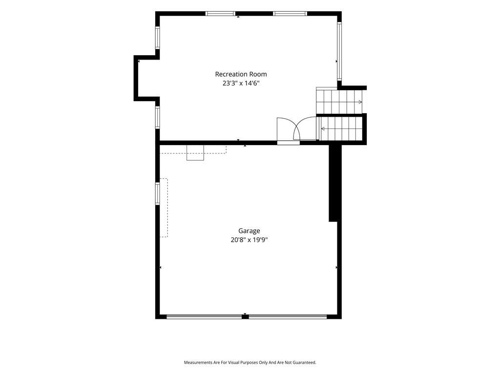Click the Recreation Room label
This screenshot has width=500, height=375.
[241, 74]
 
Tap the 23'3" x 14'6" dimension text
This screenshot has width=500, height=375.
[241, 83]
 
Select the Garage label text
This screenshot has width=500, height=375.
[249, 231]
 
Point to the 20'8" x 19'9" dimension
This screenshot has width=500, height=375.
[249, 240]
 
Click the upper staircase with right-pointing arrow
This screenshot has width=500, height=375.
[339, 101]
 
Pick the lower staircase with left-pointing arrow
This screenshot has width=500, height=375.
[341, 128]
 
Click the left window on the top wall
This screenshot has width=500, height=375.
[220, 13]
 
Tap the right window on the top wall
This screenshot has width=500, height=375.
[290, 13]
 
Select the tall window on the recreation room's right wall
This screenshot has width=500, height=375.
[339, 51]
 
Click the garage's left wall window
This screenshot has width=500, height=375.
[158, 193]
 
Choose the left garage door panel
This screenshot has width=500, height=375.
[204, 316]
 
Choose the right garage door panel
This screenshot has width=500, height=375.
[288, 316]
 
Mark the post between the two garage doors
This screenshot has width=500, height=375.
[245, 316]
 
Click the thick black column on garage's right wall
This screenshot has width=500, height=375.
[333, 183]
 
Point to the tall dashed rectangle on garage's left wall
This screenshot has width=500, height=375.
[164, 208]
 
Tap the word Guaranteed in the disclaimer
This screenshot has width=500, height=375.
[305, 363]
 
